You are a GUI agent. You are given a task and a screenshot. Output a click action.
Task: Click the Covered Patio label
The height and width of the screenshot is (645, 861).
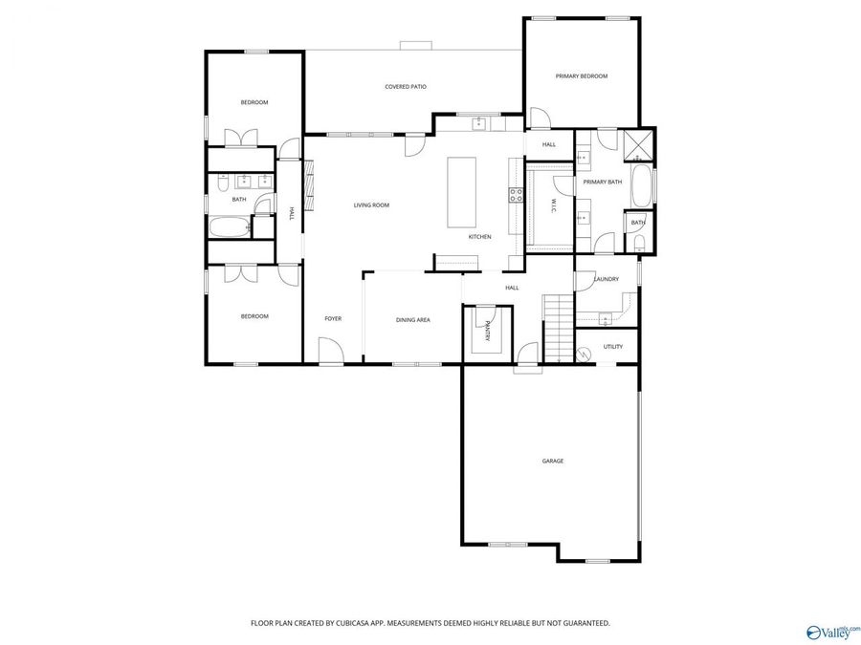[x=406, y=87]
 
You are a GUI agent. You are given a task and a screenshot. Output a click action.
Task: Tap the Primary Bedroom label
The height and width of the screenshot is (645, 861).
[x=582, y=76]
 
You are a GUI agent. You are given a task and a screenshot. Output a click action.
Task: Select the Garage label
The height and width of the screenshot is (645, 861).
[x=553, y=462]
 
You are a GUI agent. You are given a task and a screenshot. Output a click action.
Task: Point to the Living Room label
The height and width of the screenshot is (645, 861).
[x=371, y=205]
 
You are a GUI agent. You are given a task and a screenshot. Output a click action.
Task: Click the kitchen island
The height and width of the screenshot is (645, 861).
[x=462, y=192]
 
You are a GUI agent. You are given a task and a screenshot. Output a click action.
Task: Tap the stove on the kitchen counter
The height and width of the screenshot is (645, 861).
[x=516, y=195]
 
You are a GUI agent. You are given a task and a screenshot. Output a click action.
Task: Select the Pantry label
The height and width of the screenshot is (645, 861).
[x=487, y=331]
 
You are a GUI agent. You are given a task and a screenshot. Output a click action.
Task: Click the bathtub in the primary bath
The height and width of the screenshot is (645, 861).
[x=642, y=186]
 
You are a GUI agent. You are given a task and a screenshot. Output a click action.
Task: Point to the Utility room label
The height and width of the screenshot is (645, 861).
[x=613, y=347]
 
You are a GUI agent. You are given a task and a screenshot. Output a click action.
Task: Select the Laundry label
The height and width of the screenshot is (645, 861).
[x=607, y=279]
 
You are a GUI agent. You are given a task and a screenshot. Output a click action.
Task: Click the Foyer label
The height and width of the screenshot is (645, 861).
[x=333, y=319]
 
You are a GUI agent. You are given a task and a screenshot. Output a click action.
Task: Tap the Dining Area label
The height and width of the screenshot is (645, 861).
[x=412, y=320]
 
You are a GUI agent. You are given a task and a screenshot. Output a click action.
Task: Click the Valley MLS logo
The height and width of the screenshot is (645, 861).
[x=832, y=632]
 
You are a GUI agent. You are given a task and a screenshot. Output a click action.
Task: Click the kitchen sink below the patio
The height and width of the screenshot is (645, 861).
[x=479, y=123]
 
